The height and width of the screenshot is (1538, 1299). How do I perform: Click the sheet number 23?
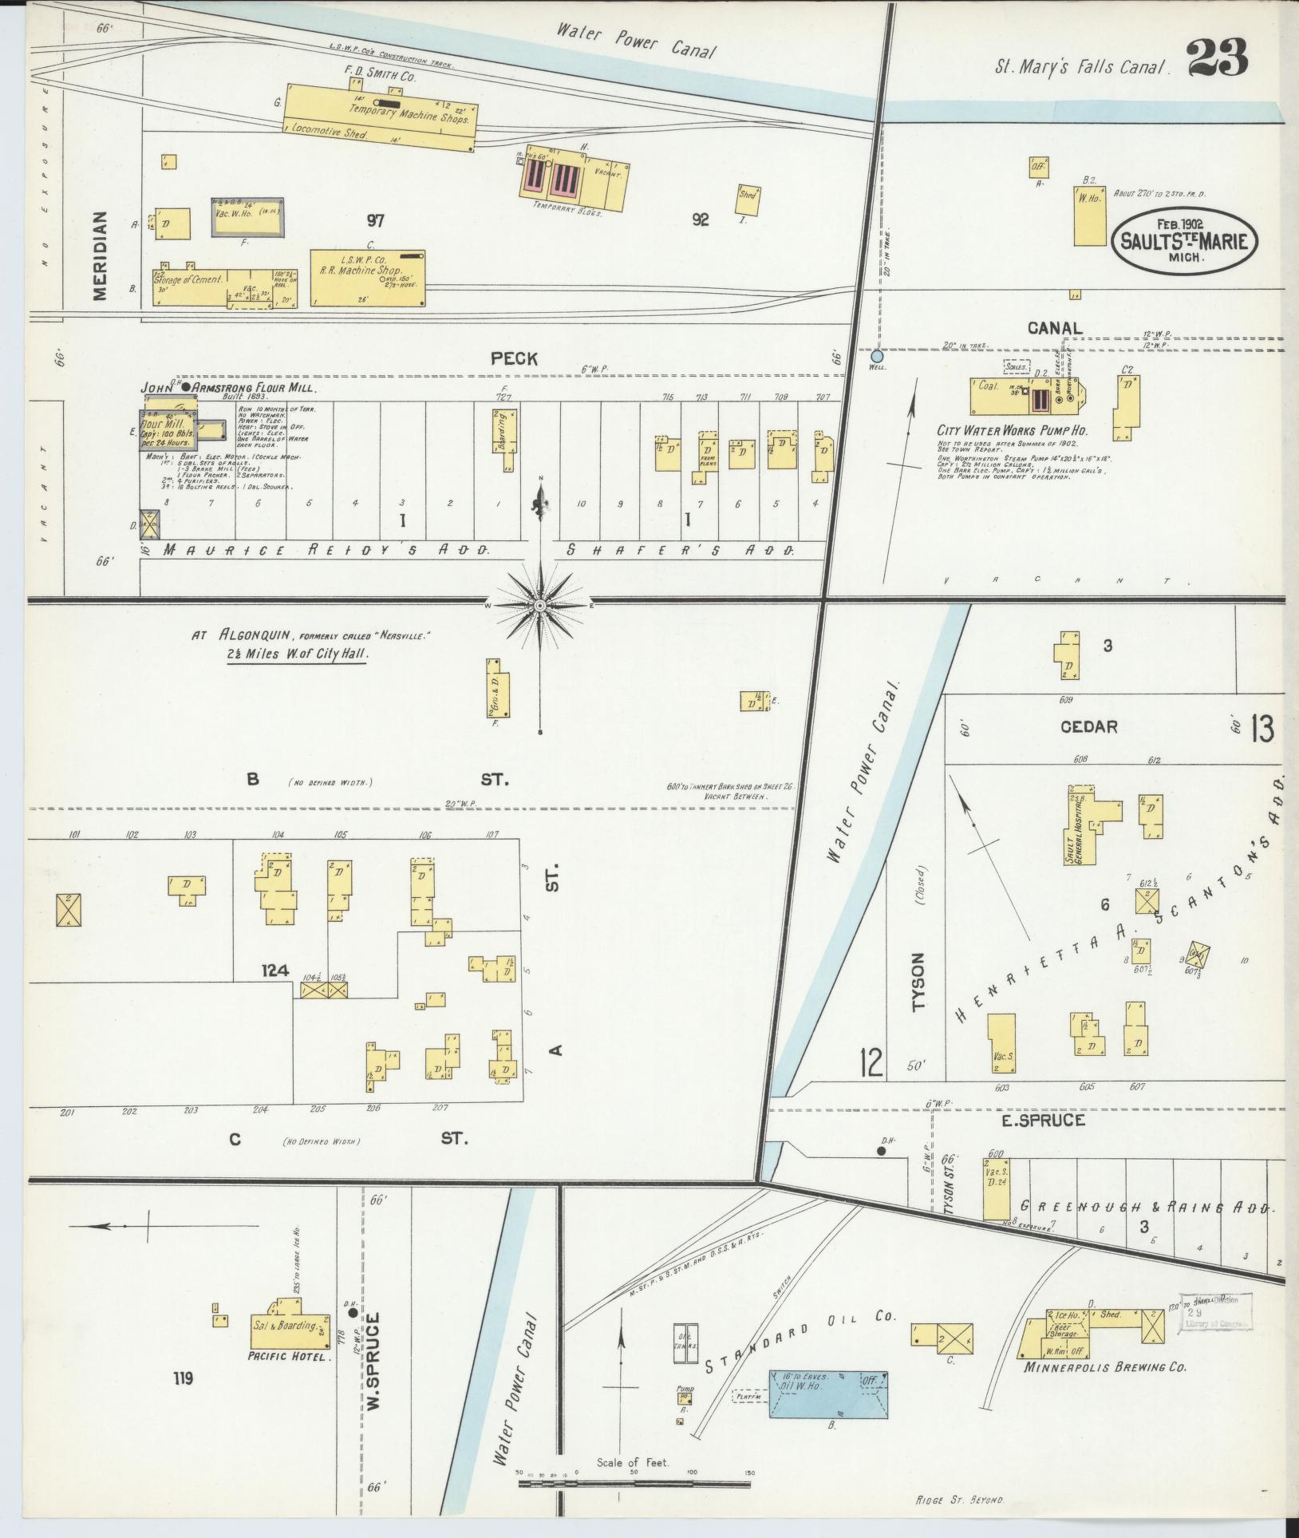point(1216,57)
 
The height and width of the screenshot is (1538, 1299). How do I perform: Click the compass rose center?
point(540,606)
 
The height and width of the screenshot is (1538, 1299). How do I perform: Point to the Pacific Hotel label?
point(289,1356)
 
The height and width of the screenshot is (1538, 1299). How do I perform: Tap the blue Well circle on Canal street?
point(877,356)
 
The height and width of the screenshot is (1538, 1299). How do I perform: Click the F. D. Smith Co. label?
point(380,77)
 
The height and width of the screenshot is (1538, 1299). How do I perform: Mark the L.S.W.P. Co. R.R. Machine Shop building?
point(368,277)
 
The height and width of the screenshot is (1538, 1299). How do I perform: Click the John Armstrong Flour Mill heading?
point(229,389)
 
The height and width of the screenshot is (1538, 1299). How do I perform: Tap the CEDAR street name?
point(1088,726)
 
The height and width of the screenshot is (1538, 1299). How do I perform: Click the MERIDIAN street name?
point(100,255)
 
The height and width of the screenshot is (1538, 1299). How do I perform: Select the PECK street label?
point(514,359)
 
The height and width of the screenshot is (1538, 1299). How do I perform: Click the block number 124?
point(274,971)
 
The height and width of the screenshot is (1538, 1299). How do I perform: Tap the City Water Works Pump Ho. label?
point(1012,431)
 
